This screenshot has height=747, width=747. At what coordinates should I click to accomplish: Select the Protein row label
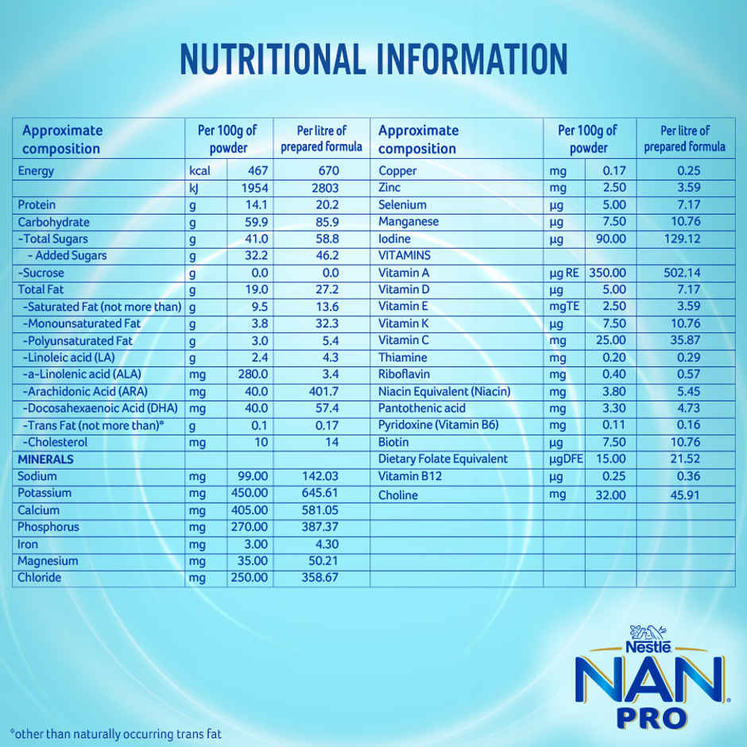[37, 205]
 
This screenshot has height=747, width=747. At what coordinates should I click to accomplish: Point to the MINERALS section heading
[45, 459]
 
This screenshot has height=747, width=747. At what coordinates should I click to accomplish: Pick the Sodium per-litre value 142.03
[320, 476]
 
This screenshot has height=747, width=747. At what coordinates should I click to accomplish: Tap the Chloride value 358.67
[320, 578]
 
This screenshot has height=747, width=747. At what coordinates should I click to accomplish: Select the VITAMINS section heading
[404, 256]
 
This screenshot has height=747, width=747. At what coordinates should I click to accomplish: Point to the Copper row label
[397, 171]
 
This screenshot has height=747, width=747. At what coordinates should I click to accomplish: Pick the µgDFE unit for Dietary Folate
[566, 459]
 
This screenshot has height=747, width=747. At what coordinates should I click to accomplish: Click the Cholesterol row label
[56, 442]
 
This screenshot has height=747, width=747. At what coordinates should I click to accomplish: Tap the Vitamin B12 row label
[410, 476]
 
